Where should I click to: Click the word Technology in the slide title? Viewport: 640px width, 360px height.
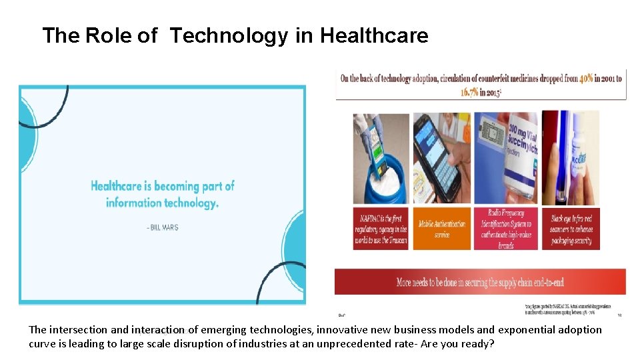click(x=228, y=35)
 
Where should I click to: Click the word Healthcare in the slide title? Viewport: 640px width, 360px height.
click(x=374, y=35)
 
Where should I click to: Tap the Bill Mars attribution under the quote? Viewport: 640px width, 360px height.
click(x=162, y=227)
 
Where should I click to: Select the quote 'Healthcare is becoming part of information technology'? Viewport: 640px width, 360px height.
click(x=162, y=194)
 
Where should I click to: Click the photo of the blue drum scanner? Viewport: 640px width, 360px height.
click(x=381, y=158)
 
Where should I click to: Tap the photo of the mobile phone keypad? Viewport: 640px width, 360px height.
click(x=441, y=158)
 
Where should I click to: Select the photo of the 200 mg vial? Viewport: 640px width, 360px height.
click(x=505, y=158)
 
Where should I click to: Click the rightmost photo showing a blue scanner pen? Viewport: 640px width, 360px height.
click(x=570, y=158)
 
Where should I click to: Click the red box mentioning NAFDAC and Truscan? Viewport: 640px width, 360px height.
click(x=381, y=229)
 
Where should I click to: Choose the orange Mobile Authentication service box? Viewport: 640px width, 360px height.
click(x=441, y=229)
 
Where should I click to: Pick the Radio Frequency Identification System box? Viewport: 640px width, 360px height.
click(x=505, y=229)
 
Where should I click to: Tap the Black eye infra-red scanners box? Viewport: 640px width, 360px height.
click(x=571, y=229)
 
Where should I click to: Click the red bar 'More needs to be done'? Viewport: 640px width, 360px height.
click(x=480, y=282)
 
